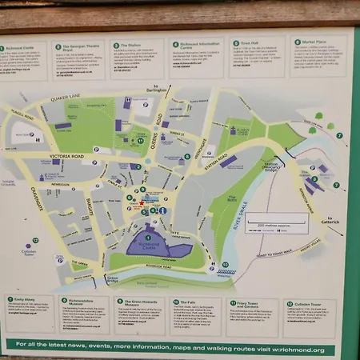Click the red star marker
(x=142, y=203)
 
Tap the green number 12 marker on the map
(x=29, y=242)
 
